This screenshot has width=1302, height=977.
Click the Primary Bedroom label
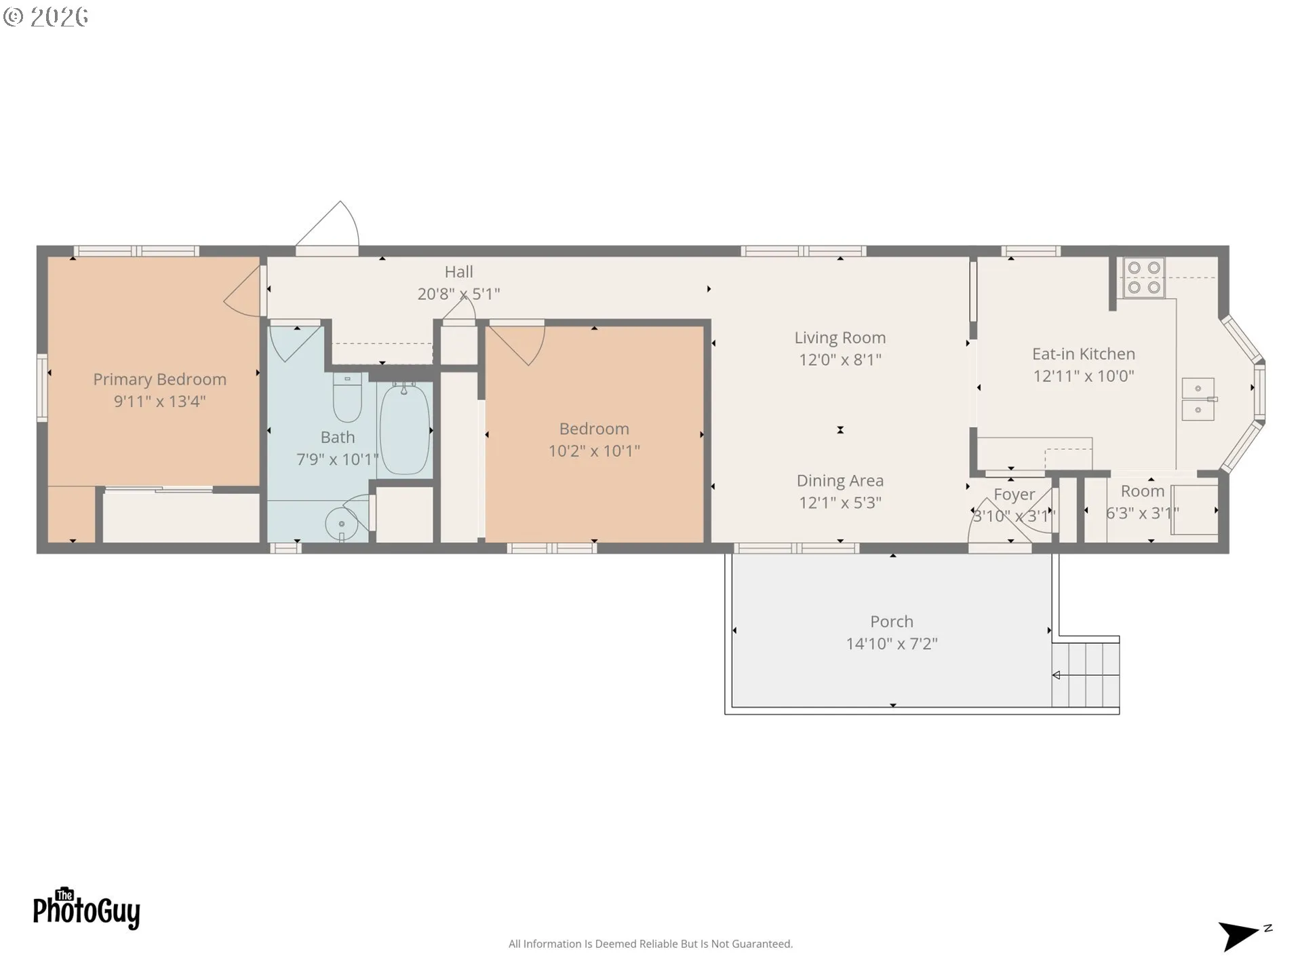[x=159, y=379]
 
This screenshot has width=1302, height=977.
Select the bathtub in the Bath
[x=404, y=428]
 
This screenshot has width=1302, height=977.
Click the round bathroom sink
[x=341, y=524]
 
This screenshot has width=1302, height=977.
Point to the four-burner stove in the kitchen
[x=1144, y=277]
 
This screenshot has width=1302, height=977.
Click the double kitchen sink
[x=1198, y=399]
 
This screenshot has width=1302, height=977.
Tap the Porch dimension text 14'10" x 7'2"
[x=892, y=643]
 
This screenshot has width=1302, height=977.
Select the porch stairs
[x=1085, y=674]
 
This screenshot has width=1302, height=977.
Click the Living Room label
[x=840, y=337]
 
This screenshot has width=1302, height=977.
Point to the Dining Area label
[x=840, y=480]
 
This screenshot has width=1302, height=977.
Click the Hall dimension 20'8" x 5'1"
[x=458, y=294]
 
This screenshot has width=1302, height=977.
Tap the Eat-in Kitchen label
[x=1084, y=353]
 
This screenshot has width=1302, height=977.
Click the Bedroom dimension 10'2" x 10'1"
[x=594, y=451]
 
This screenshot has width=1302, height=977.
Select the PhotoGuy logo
[x=86, y=908]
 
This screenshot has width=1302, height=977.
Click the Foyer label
[x=1014, y=495]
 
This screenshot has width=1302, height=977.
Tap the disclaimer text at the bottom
[x=650, y=944]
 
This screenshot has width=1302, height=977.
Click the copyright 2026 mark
[x=45, y=17]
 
